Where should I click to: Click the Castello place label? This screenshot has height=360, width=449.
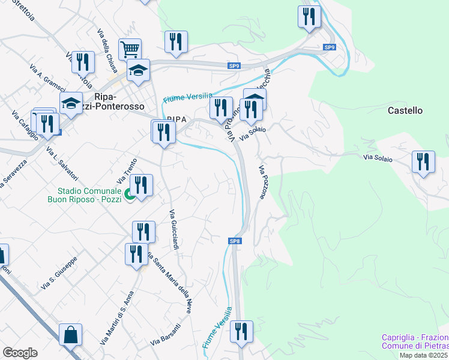tap(405, 110)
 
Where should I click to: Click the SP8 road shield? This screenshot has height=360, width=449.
tap(235, 241)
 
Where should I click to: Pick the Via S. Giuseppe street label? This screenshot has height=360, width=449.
tap(59, 275)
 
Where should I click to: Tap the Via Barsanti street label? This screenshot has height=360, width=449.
tap(165, 335)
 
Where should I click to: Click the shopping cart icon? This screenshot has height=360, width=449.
tap(130, 48)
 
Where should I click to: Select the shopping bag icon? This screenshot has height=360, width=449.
tap(70, 334)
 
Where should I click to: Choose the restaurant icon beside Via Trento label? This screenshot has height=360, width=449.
tap(141, 185)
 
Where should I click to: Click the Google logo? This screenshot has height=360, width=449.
tap(19, 353)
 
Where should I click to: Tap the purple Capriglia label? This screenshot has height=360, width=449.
tap(415, 341)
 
